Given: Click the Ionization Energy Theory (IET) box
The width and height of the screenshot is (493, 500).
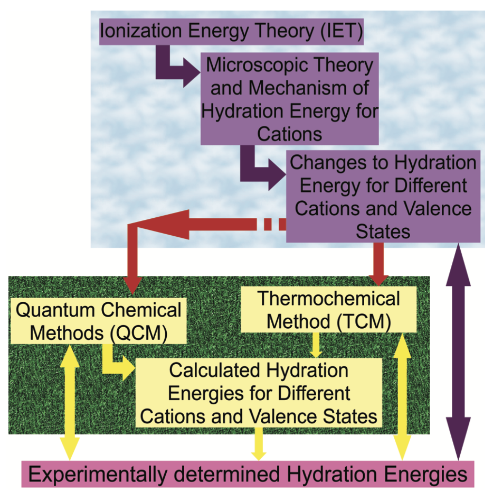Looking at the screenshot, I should (x=231, y=32).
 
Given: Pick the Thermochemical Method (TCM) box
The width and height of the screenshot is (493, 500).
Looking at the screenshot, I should (x=328, y=310).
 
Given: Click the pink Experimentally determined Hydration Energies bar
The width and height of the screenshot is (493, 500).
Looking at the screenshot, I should (x=248, y=474).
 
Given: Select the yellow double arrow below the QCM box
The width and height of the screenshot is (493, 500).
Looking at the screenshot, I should (x=69, y=402).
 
